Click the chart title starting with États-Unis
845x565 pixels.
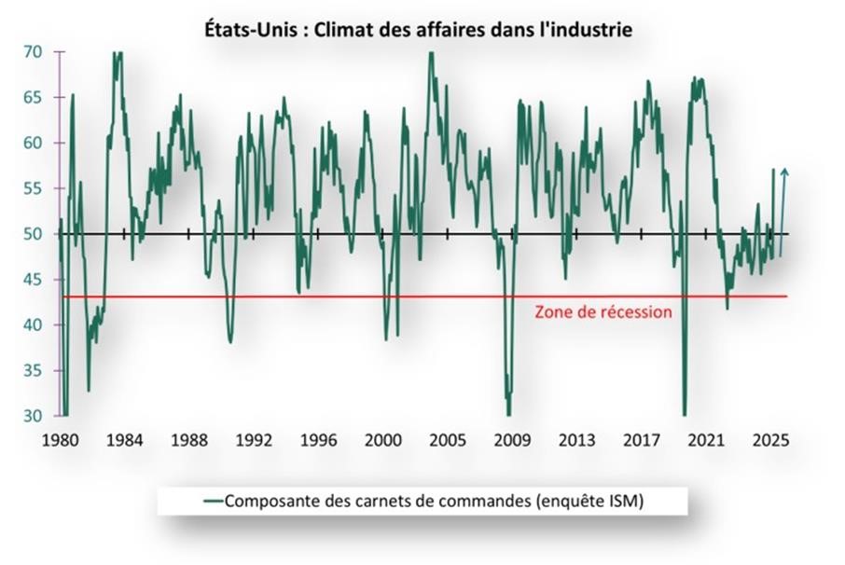point(419,30)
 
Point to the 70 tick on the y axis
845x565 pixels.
point(33,52)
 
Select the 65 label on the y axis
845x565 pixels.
point(33,98)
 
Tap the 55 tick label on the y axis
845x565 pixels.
point(33,188)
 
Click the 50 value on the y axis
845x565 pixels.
point(33,234)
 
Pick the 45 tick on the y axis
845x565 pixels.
point(33,280)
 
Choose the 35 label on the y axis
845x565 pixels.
point(33,370)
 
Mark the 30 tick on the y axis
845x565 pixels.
point(33,416)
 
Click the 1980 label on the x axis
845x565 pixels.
point(61,440)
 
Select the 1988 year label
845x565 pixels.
point(189,440)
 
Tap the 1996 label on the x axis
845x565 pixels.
point(318,440)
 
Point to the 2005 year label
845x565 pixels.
point(447,440)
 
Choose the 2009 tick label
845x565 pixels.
point(511,440)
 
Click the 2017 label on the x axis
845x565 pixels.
point(641,440)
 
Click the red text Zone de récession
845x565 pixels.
point(603,312)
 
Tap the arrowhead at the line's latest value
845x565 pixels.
point(784,172)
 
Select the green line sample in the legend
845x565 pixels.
point(213,501)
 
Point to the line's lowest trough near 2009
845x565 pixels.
point(508,414)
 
